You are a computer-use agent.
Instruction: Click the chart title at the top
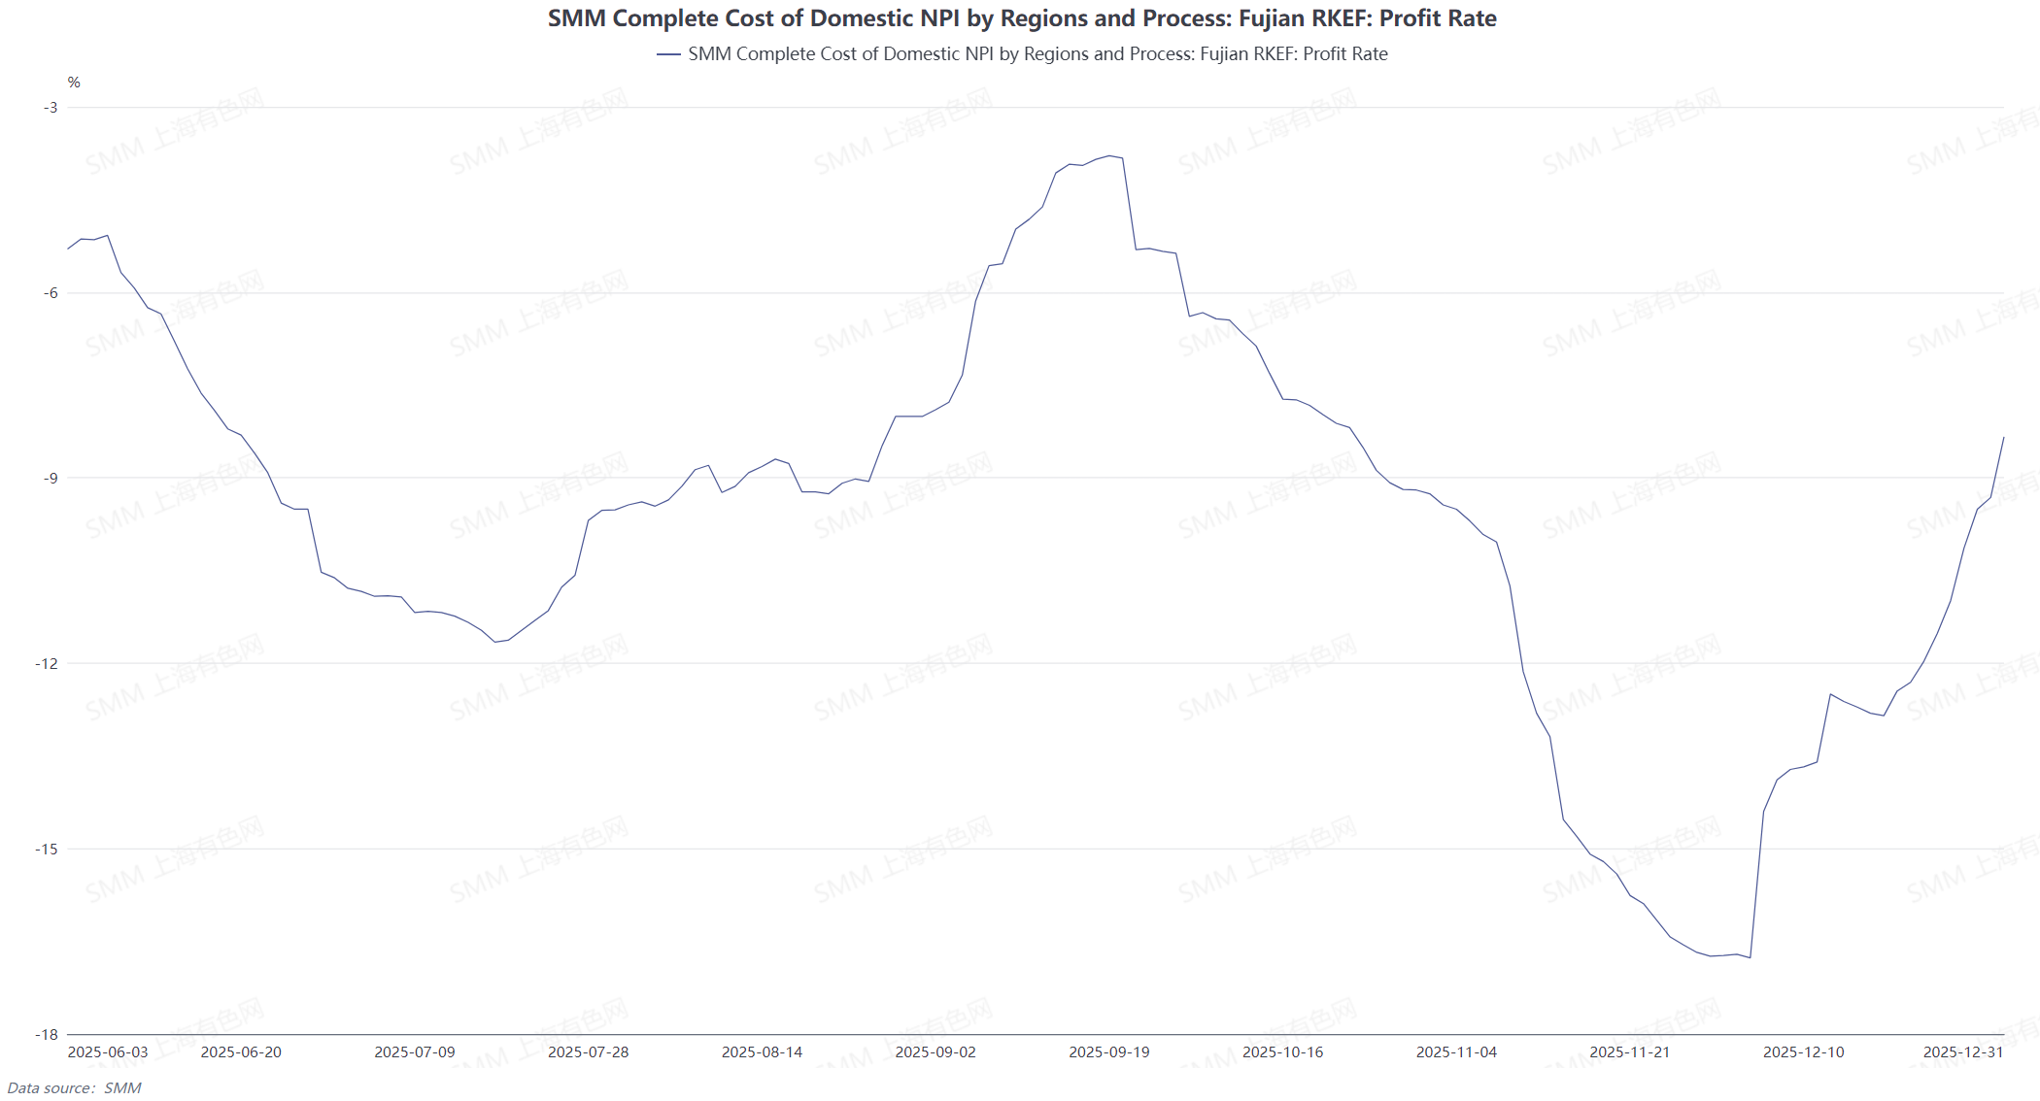tap(1022, 18)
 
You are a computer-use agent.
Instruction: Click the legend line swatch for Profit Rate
tap(668, 54)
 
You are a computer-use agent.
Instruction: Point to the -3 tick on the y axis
tap(51, 107)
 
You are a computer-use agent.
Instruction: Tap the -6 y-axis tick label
tap(51, 293)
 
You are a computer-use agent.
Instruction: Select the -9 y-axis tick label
tap(51, 478)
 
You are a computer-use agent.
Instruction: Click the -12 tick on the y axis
tap(47, 663)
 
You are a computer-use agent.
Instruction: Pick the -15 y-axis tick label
tap(47, 850)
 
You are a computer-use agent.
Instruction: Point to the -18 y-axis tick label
tap(47, 1035)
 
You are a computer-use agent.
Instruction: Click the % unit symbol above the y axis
tap(74, 83)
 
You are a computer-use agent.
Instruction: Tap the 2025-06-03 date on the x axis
tap(108, 1052)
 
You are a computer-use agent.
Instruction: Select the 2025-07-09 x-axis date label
tap(415, 1052)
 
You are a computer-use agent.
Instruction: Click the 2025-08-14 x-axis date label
tap(762, 1052)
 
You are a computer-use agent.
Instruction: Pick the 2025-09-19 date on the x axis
tap(1109, 1052)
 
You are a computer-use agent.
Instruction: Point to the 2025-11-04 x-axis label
tap(1456, 1052)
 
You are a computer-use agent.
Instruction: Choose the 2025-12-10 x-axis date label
tap(1804, 1052)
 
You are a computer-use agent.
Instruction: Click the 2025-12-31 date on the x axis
tap(1963, 1052)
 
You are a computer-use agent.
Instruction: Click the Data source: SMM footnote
tap(74, 1088)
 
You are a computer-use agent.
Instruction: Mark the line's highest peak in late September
tap(1109, 155)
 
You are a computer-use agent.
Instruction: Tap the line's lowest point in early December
tap(1750, 958)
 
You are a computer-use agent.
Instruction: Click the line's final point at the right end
tap(2004, 438)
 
